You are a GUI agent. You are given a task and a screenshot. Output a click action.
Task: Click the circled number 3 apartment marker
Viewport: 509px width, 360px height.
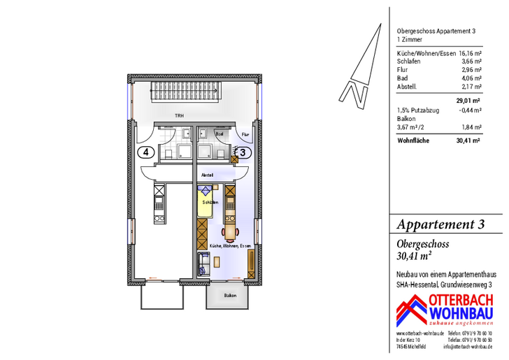click(242, 151)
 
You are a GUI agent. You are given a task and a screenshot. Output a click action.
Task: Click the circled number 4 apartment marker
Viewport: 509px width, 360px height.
click(145, 151)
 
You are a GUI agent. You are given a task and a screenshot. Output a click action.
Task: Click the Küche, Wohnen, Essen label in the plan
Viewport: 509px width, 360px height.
click(230, 247)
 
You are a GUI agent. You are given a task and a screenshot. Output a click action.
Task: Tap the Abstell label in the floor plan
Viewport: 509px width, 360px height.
click(207, 174)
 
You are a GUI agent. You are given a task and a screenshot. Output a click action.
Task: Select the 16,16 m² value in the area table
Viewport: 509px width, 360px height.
click(470, 53)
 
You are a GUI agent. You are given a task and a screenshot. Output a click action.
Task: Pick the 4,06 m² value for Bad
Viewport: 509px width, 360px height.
click(473, 78)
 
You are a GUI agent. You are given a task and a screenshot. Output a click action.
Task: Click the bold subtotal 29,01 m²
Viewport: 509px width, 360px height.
click(468, 101)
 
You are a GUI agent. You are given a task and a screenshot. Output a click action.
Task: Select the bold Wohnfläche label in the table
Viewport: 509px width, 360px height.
click(413, 140)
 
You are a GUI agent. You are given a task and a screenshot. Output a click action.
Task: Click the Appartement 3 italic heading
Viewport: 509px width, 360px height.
click(440, 224)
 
